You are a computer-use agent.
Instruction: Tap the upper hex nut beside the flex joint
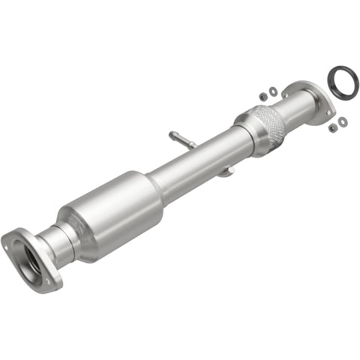(x=262, y=96)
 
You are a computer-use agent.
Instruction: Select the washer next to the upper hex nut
(x=274, y=91)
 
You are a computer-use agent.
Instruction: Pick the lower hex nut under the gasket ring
(x=332, y=127)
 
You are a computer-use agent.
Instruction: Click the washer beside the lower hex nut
(x=343, y=121)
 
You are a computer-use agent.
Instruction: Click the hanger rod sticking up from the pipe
(x=181, y=139)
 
